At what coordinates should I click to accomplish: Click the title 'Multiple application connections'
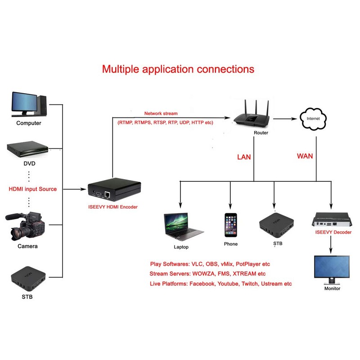click(x=178, y=69)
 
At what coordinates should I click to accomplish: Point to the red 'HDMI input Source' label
click(x=33, y=189)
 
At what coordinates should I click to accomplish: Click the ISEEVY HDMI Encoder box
click(x=114, y=189)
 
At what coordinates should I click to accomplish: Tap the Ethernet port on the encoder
click(x=108, y=195)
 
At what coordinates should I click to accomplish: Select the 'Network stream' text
click(x=161, y=113)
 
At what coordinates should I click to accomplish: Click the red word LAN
click(x=244, y=157)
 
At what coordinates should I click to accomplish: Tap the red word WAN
click(x=305, y=157)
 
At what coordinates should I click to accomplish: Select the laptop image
click(x=183, y=227)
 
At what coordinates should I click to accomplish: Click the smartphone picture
click(x=231, y=225)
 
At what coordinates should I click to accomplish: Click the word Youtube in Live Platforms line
click(x=227, y=284)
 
